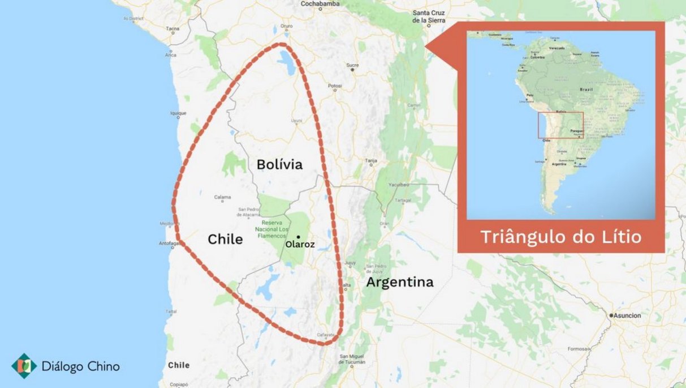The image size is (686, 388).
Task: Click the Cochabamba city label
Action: pos(320,3)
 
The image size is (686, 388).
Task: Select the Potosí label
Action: pos(335,86)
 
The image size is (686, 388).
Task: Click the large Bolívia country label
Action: pos(279,164)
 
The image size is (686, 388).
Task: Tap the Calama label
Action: pos(222,197)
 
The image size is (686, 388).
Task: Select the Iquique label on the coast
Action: pos(178,113)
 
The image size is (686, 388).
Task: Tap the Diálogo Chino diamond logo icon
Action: pos(24,366)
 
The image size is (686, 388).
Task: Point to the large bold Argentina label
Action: pos(399,282)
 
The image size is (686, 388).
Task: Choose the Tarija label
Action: pos(370,161)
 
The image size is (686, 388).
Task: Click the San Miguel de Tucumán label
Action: pos(352,359)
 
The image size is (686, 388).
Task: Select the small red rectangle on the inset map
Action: pos(560,125)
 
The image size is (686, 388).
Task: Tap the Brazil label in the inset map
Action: pos(586,89)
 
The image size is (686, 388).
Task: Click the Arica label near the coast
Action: pos(171,55)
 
